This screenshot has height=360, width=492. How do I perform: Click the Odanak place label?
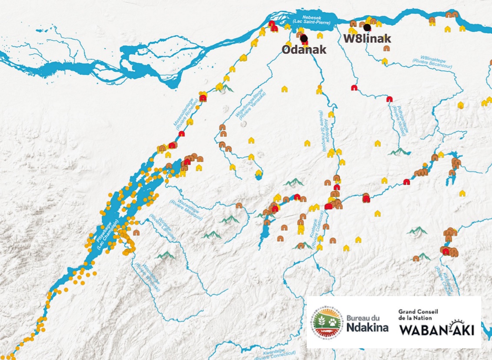[x=304, y=50]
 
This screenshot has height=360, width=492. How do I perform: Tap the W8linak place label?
[x=367, y=38]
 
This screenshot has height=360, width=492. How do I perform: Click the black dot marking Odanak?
[x=304, y=38]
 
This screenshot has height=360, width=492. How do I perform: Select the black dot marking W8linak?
[x=367, y=28]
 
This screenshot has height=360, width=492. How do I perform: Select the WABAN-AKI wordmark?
[x=436, y=330]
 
